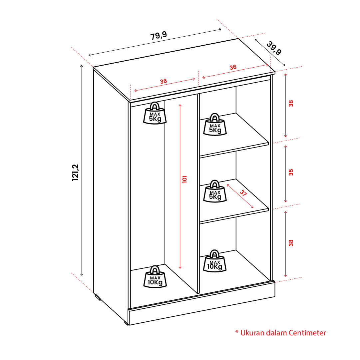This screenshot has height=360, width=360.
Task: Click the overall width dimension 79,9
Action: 159,36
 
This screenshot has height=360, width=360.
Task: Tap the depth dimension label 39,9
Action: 274,48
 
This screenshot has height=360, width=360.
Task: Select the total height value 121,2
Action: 75,173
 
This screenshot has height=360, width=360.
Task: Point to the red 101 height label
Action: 184,179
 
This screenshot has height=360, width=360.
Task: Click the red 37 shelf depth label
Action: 243,193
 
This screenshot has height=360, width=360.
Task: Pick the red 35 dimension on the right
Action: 291,173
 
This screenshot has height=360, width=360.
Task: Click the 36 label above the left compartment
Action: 164,81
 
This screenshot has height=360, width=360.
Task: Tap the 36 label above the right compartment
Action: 233,67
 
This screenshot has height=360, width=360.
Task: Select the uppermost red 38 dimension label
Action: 291,104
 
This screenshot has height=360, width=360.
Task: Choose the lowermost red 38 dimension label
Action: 291,243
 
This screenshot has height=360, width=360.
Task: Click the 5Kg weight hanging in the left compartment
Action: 155,114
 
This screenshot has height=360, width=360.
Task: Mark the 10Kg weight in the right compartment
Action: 215,261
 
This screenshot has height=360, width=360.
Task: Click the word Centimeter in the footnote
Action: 307,333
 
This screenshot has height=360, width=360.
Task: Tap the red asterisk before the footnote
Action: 237,332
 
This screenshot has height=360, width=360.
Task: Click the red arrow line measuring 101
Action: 180,186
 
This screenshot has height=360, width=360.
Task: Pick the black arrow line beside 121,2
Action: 82,171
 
